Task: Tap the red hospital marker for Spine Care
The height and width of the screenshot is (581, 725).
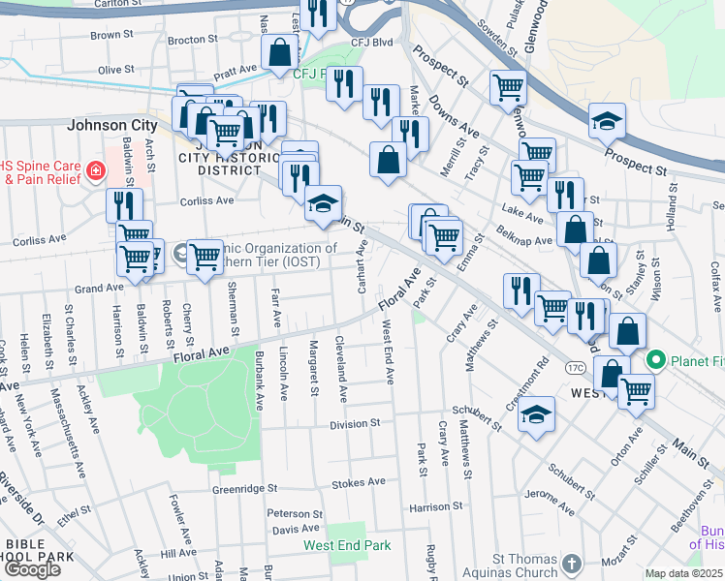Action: pyautogui.click(x=95, y=172)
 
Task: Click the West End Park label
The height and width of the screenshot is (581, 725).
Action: pyautogui.click(x=348, y=545)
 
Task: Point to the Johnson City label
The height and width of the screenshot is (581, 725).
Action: pyautogui.click(x=111, y=125)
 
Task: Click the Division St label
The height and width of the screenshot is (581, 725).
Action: pyautogui.click(x=355, y=424)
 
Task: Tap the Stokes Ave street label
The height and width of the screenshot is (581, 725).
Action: pyautogui.click(x=359, y=481)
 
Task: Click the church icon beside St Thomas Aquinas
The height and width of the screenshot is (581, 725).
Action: pyautogui.click(x=572, y=563)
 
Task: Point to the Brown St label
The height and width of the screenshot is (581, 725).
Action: pyautogui.click(x=110, y=35)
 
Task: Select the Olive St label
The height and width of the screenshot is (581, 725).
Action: pyautogui.click(x=115, y=70)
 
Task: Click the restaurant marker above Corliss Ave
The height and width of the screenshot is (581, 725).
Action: pyautogui.click(x=124, y=204)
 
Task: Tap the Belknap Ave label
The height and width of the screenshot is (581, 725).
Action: pyautogui.click(x=529, y=233)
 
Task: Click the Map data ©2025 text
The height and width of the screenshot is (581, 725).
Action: pyautogui.click(x=683, y=573)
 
